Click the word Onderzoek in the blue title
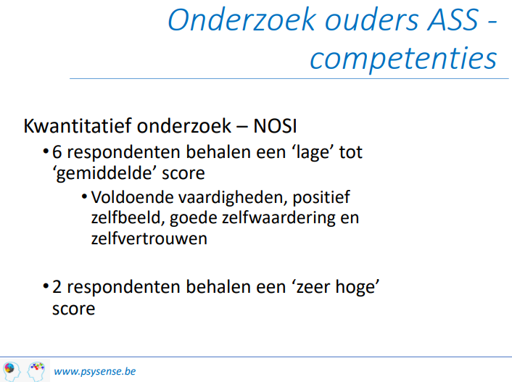pyautogui.click(x=242, y=20)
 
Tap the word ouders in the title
pyautogui.click(x=372, y=20)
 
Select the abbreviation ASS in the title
pyautogui.click(x=453, y=20)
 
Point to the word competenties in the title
pyautogui.click(x=404, y=59)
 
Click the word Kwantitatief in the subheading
pyautogui.click(x=78, y=125)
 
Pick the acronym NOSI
pyautogui.click(x=275, y=125)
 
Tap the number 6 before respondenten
pyautogui.click(x=57, y=152)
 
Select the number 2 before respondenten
pyautogui.click(x=57, y=287)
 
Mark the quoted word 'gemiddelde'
pyautogui.click(x=104, y=173)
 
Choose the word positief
pyautogui.click(x=321, y=198)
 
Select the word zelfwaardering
pyautogui.click(x=252, y=218)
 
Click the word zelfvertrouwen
pyautogui.click(x=149, y=238)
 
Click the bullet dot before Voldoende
pyautogui.click(x=84, y=196)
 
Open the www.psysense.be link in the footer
pyautogui.click(x=95, y=371)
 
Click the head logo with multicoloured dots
pyautogui.click(x=36, y=370)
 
